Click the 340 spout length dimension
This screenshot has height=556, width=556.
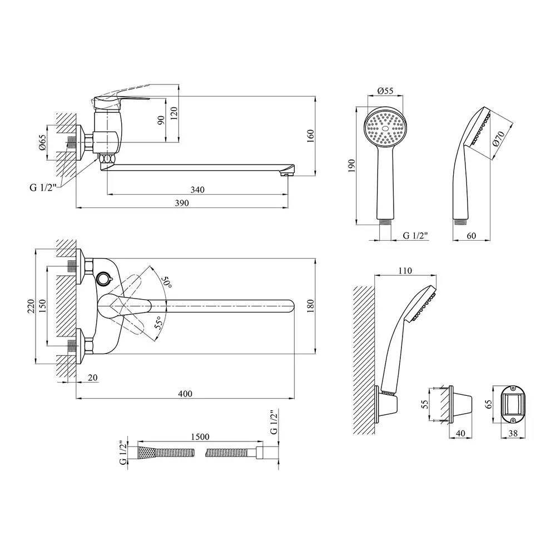click(197, 190)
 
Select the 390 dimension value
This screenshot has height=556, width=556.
click(182, 203)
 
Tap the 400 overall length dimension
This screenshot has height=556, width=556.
click(185, 394)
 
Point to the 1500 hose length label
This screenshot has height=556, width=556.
click(200, 436)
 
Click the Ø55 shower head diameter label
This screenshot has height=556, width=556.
click(385, 91)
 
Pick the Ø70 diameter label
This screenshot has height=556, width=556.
click(499, 138)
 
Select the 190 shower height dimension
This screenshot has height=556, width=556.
click(351, 166)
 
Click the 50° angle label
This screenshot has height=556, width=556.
click(167, 282)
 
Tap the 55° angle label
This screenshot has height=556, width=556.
click(159, 322)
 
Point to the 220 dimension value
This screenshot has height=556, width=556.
click(31, 306)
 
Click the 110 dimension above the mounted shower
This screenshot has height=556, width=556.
click(405, 271)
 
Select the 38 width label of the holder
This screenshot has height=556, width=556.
click(513, 433)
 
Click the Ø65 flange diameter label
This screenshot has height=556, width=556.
click(42, 142)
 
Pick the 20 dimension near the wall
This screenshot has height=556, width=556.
click(92, 378)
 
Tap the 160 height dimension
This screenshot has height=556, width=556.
click(310, 136)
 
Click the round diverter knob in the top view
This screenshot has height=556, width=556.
click(104, 279)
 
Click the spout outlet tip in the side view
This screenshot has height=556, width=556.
click(287, 173)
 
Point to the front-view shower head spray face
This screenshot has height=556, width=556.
click(385, 128)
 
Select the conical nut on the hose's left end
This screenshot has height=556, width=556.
click(146, 453)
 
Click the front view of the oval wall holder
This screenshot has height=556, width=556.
click(513, 405)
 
